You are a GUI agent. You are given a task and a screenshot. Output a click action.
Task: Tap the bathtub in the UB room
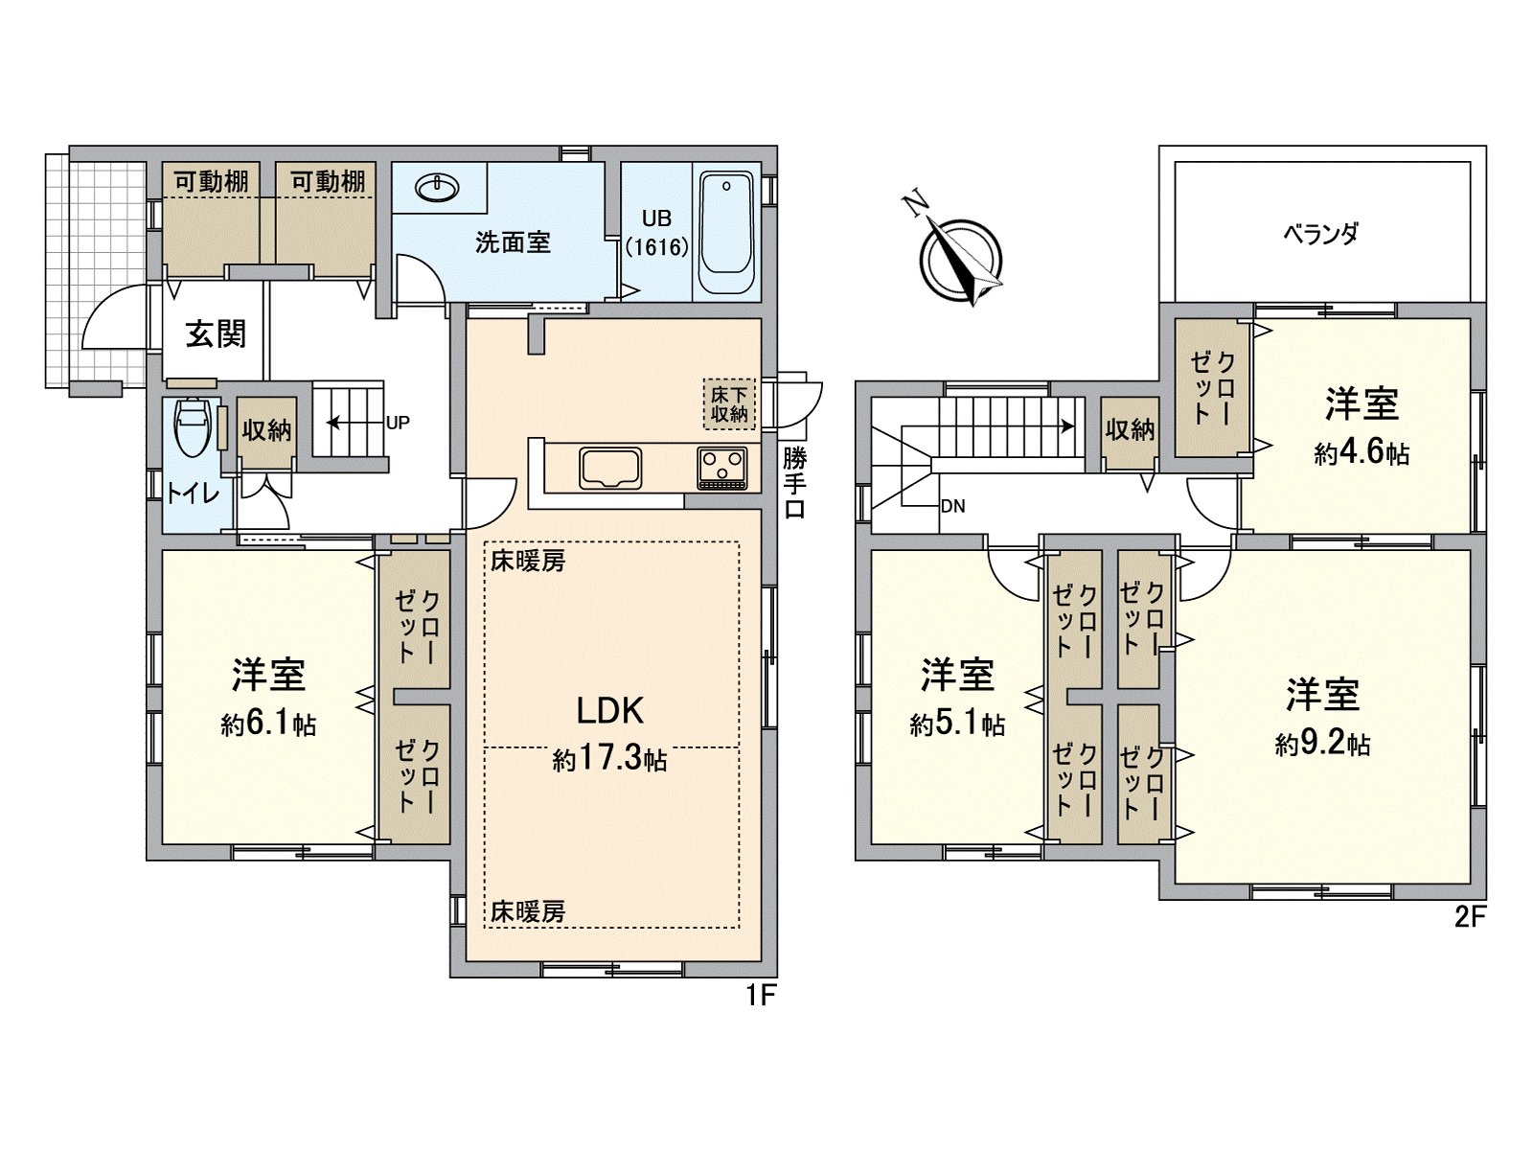pos(727,234)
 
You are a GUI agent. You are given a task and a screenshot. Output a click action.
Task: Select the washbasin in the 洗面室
pos(439,188)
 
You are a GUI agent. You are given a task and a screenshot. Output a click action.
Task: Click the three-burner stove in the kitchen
pos(721,468)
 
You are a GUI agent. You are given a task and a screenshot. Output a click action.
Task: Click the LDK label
pos(609,710)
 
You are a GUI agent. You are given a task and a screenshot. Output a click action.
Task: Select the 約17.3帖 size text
pos(609,761)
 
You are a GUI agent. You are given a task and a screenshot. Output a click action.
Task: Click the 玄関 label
pos(216,333)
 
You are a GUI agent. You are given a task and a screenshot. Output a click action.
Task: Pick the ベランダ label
pos(1321,233)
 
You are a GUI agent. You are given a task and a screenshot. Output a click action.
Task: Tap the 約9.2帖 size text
pos(1322,744)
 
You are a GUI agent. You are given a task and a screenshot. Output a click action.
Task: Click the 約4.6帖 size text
pos(1361,452)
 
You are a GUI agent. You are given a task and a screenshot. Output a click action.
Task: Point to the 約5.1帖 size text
pos(957,724)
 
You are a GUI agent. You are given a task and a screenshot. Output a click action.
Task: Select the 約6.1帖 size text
pos(268,724)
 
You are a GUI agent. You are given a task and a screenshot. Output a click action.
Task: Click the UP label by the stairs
pos(399,421)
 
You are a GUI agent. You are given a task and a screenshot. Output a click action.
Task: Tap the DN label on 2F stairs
pos(952,507)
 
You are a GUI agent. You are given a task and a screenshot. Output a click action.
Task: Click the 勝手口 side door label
pos(794,483)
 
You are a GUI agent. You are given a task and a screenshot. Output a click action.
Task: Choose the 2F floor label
pos(1469,918)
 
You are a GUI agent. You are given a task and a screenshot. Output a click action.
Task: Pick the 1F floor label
pos(760,997)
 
